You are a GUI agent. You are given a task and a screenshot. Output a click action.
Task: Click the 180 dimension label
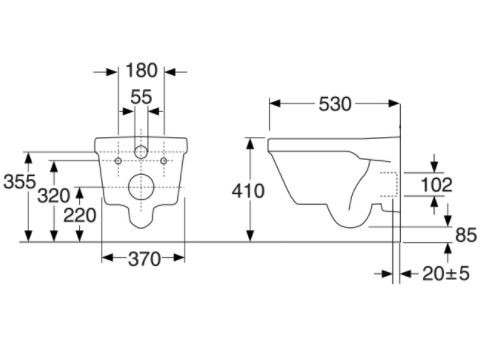[141, 71]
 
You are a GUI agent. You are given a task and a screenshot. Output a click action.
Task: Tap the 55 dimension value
[141, 97]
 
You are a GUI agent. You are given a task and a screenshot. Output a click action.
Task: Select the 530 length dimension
[335, 104]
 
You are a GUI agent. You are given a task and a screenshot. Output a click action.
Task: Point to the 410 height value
[248, 191]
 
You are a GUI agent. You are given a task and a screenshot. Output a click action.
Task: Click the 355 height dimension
[19, 182]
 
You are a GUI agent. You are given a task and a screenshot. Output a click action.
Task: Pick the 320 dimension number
[54, 196]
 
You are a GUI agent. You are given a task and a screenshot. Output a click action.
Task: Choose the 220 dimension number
[80, 215]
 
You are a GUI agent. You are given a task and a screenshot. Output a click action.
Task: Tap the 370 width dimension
[144, 259]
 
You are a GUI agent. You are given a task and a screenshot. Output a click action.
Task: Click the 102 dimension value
[436, 185]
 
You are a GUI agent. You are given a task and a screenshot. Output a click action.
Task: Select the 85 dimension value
[466, 235]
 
